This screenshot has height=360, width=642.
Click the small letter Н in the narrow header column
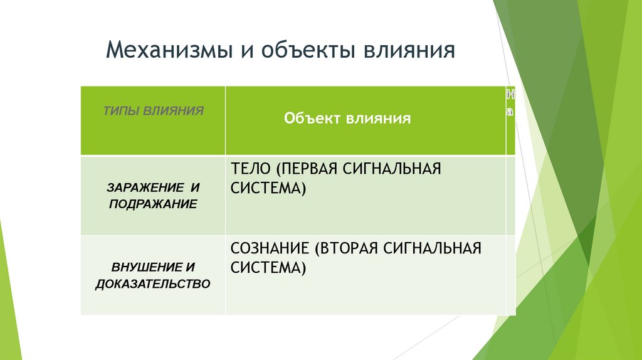(510, 94)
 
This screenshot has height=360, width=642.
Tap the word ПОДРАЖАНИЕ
(152, 204)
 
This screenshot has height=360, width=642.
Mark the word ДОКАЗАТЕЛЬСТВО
(152, 284)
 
